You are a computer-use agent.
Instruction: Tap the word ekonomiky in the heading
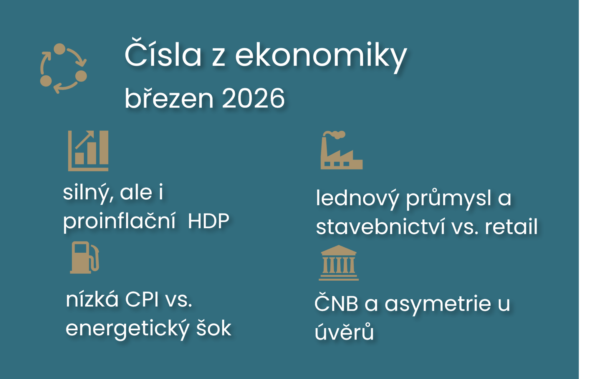click(x=321, y=56)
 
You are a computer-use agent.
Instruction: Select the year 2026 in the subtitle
click(x=253, y=98)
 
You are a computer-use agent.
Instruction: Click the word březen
click(x=169, y=98)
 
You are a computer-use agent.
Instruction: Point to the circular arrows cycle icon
click(x=63, y=68)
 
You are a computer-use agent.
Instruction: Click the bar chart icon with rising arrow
click(x=88, y=150)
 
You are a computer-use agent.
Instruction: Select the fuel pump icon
click(x=85, y=258)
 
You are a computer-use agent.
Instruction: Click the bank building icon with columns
click(x=339, y=263)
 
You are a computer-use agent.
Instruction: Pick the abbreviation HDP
click(x=208, y=221)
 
